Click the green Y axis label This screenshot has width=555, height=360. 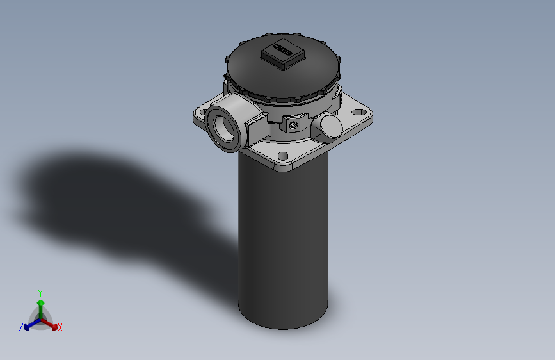coord(40,291)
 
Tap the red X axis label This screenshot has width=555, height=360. coord(60,328)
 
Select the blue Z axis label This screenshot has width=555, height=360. coord(20,327)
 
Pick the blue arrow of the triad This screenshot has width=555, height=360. coord(29,325)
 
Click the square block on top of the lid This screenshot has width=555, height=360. coord(282,54)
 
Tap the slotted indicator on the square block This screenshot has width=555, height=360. coord(282,48)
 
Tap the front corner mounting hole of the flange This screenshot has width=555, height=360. coord(282,156)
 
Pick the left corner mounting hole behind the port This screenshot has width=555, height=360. coord(202,114)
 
